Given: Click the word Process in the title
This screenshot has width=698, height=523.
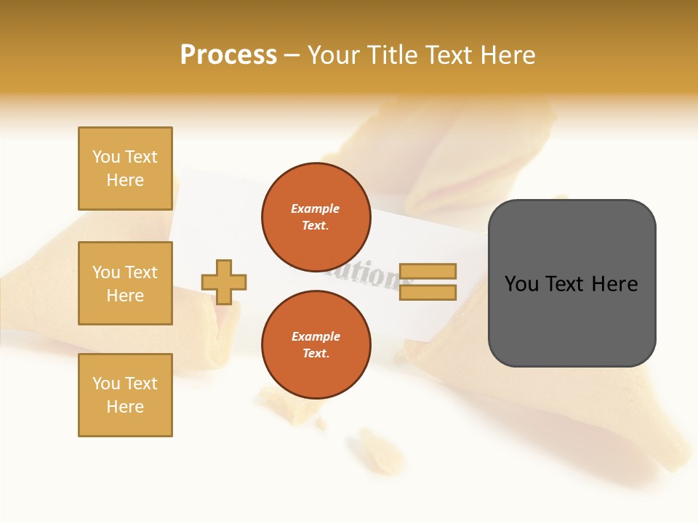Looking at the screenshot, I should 228,55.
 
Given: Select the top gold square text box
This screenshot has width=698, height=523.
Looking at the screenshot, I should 125,169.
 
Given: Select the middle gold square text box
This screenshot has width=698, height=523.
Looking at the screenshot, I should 125,283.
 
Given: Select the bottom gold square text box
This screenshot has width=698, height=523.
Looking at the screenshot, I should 125,395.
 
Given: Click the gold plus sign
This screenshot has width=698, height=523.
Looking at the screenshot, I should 224,282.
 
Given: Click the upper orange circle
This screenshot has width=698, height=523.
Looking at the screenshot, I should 316,216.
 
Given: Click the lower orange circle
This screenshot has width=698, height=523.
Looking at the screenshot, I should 316,344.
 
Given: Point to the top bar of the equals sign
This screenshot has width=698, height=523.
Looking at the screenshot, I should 428,272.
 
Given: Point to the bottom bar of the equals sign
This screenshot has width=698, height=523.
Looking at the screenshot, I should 428,293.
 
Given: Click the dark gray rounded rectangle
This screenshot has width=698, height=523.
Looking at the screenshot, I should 571,320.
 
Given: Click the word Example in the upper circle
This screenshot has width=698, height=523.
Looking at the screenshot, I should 315,209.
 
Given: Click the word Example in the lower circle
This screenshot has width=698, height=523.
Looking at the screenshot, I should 315,337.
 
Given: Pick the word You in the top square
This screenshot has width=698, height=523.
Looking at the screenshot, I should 105,157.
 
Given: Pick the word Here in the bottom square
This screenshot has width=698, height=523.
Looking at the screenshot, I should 125,407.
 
